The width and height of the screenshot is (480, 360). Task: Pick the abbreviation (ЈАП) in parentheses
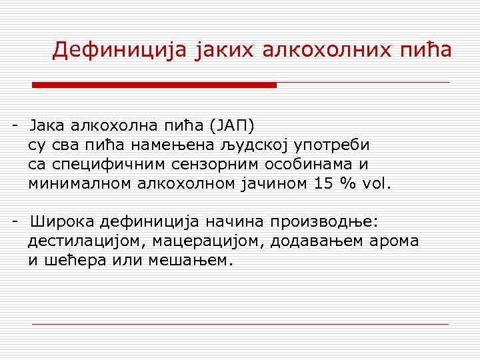click(x=231, y=125)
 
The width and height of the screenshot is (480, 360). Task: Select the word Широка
click(x=59, y=222)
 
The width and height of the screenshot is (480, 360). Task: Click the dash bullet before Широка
click(x=15, y=222)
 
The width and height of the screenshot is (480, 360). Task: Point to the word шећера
click(x=71, y=261)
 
